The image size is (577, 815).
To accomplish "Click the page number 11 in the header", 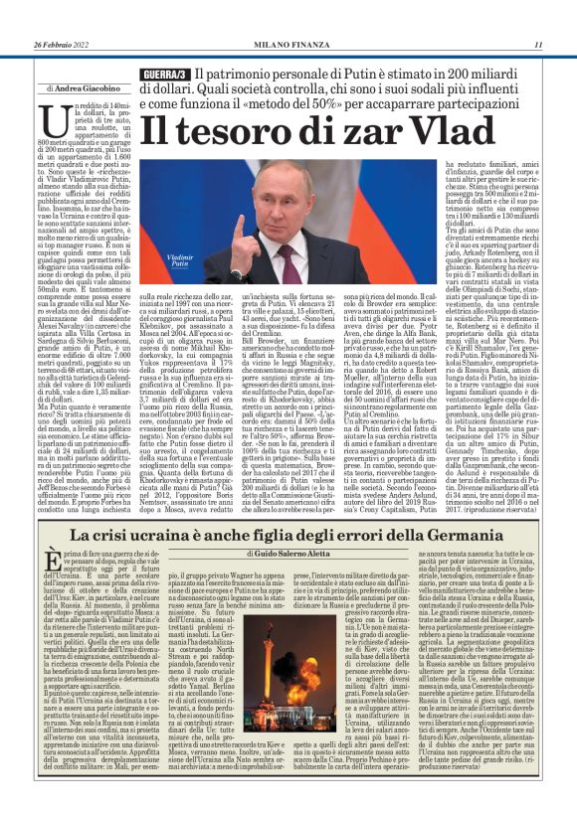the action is tap(538, 44).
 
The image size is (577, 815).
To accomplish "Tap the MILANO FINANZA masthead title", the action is tap(288, 44).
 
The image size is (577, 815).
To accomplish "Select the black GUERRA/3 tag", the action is tap(164, 77).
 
